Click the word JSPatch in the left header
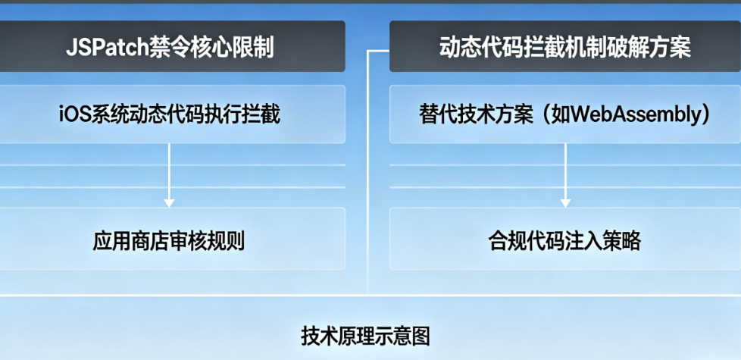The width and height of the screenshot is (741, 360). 107,47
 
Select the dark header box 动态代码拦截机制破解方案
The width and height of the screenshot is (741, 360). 564,46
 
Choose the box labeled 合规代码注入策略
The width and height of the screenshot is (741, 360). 564,239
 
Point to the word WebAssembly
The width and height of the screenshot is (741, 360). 630,114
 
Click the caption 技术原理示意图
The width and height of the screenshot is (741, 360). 365,337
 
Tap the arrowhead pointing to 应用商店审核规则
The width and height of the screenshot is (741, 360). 169,203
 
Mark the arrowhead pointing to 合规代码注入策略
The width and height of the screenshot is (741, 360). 565,203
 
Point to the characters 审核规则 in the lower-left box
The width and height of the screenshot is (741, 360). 207,241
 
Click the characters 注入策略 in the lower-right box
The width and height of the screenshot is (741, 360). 602,241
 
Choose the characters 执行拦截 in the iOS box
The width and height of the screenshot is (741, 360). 243,114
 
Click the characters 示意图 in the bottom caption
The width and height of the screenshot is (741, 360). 398,337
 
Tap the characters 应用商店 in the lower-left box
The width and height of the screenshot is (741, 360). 131,241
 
